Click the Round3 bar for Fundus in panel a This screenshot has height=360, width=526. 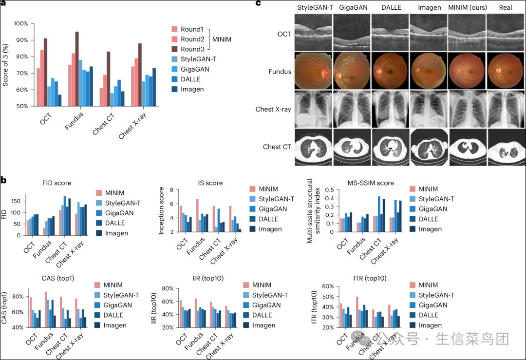pos(77,68)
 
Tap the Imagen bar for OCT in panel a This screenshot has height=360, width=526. pos(60,100)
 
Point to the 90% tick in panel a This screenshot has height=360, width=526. pos(20,40)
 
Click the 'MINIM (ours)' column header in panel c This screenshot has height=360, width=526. pos(467,8)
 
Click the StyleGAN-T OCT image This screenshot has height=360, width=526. pos(314,32)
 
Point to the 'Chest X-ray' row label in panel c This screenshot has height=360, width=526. pos(274,109)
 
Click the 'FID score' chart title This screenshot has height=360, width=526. pos(57,183)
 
